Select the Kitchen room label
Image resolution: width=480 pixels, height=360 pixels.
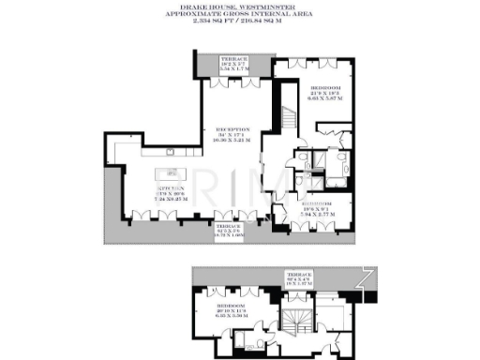click(x=170, y=187)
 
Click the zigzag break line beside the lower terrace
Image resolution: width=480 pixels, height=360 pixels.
click(x=368, y=274)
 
